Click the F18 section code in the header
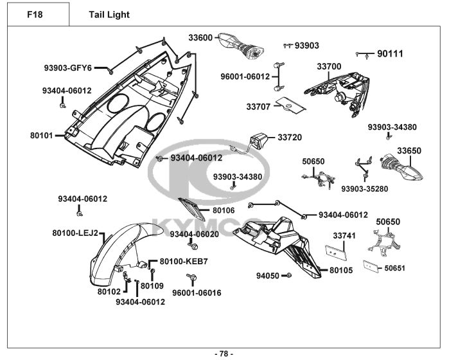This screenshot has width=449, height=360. pos(35,14)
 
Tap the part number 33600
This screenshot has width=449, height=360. pos(200,38)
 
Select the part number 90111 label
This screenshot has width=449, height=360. pos(390,54)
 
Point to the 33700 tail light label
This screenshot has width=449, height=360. pos(329,67)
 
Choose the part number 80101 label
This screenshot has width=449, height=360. pos(41,136)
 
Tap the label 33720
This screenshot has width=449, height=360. pos(289,138)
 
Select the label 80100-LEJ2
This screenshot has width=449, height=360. pos(75,233)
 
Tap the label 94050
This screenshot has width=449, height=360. pos(267,276)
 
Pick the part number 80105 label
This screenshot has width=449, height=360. pos(341,270)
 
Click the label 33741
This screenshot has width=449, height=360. pos(344,236)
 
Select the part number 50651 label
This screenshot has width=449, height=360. pos(395,268)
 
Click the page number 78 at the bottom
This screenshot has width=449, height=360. pos(224,353)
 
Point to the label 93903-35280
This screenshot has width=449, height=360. pos(364,188)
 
